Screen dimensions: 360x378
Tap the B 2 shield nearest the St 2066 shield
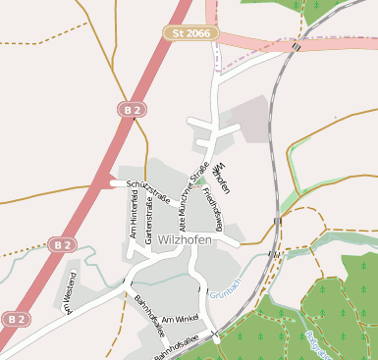coord(134,111)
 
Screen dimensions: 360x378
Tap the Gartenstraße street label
coord(149,222)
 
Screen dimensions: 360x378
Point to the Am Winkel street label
coord(181,320)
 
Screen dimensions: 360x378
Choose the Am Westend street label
coord(70,294)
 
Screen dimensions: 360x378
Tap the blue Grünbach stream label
coord(225,293)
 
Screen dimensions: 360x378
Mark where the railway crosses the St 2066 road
coord(296,45)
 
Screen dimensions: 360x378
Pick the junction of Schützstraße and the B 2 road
coord(115,182)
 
